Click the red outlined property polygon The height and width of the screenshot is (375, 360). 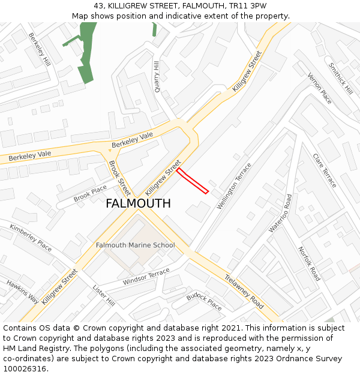click(193, 181)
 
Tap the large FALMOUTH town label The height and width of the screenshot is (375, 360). click(138, 203)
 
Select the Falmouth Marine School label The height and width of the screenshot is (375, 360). click(136, 245)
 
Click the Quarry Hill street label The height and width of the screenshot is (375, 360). click(157, 76)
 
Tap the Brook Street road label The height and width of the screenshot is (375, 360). click(119, 178)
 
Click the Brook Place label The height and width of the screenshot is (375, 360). click(90, 194)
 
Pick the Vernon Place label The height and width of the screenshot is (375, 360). click(320, 88)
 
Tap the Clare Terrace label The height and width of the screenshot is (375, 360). click(325, 170)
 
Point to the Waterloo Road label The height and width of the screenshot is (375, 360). click(280, 213)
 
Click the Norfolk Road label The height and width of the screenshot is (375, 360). click(309, 264)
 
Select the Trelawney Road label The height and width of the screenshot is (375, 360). click(244, 291)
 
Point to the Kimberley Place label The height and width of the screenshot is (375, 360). click(31, 237)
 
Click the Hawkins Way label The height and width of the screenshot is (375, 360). click(23, 292)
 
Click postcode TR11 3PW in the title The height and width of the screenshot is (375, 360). click(248, 6)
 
